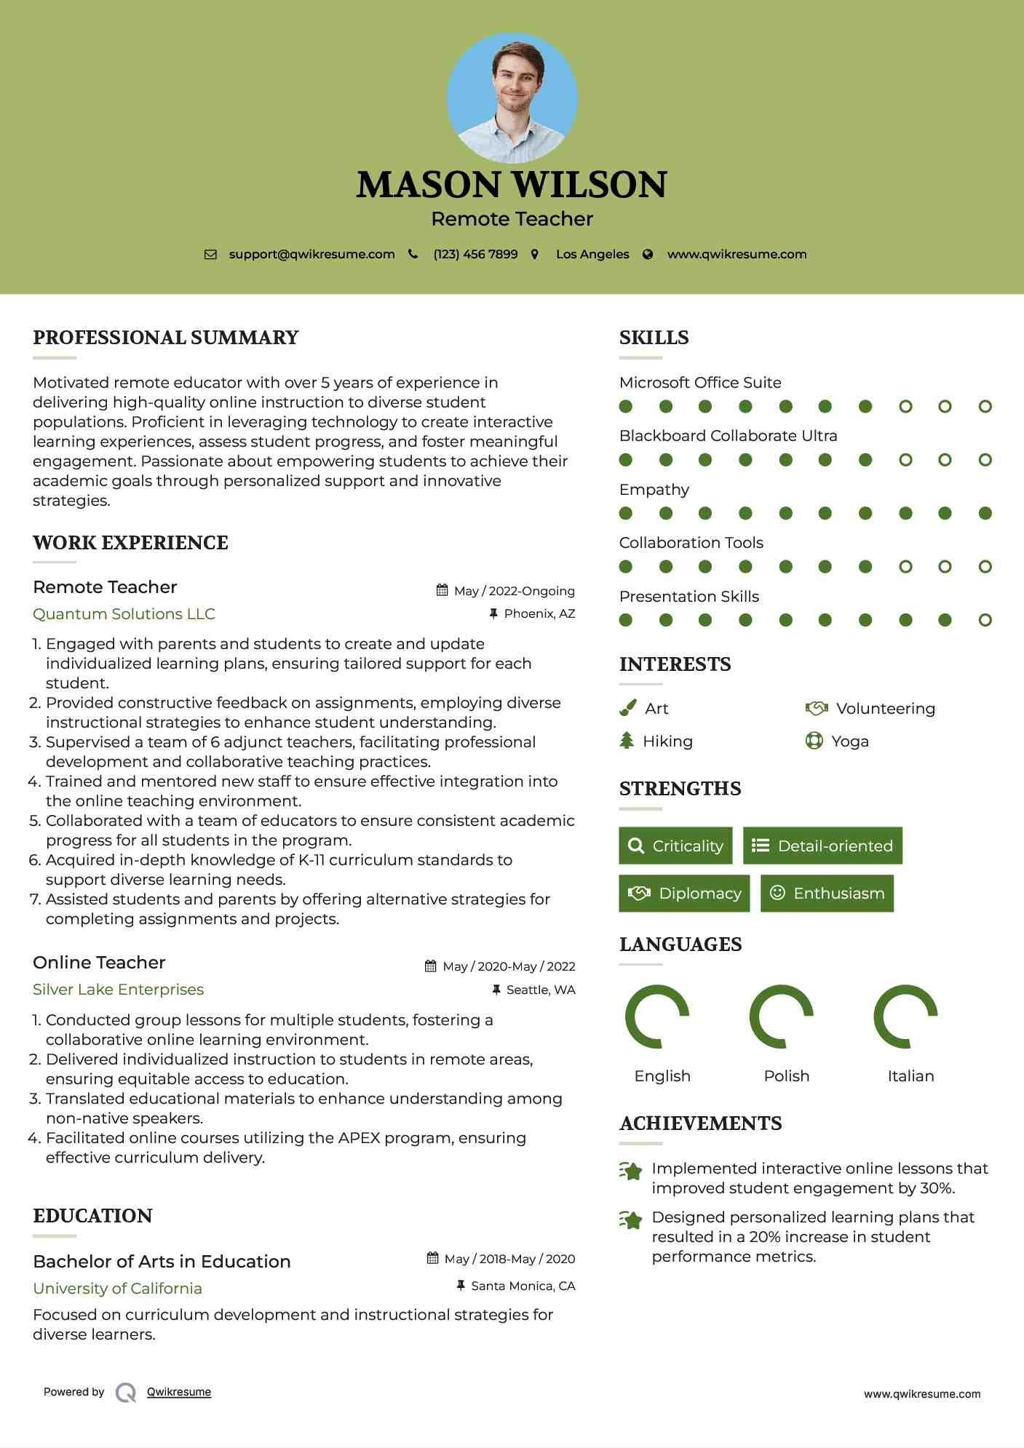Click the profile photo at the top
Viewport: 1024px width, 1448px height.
click(x=512, y=98)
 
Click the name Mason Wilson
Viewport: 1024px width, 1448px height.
click(x=512, y=185)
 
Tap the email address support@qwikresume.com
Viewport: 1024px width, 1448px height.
click(x=311, y=255)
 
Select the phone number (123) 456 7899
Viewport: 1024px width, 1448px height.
click(x=475, y=255)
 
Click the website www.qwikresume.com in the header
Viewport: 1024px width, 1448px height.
click(x=737, y=255)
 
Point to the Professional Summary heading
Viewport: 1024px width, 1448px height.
click(x=166, y=338)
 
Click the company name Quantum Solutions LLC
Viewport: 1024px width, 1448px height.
click(x=124, y=614)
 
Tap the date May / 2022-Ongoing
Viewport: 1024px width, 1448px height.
click(x=514, y=592)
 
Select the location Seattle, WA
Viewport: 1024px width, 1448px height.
click(x=541, y=990)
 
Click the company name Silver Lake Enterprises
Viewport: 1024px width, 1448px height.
click(x=118, y=990)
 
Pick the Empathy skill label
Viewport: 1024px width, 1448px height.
click(x=654, y=490)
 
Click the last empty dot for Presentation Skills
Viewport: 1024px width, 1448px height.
click(x=985, y=621)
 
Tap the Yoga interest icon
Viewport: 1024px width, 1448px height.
click(x=814, y=741)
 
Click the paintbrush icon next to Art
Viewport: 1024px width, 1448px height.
click(x=627, y=709)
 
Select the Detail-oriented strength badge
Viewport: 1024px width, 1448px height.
click(x=822, y=846)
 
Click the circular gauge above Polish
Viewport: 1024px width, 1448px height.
click(x=781, y=1017)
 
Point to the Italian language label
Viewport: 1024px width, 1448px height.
click(x=910, y=1076)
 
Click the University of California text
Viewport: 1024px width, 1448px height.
click(x=117, y=1289)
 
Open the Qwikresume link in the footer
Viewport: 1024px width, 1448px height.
click(x=179, y=1392)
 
